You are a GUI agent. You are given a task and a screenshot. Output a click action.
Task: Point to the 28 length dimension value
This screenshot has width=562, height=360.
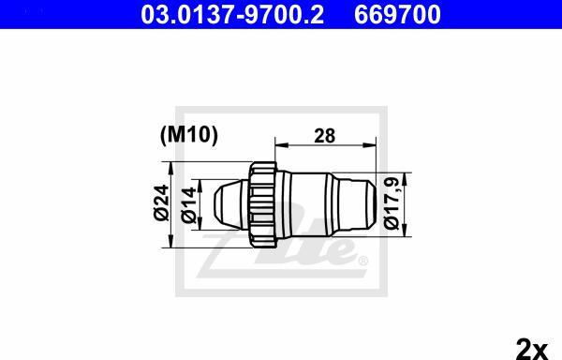[x=325, y=136]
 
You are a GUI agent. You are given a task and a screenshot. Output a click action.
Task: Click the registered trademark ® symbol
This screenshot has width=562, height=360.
[x=363, y=259]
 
